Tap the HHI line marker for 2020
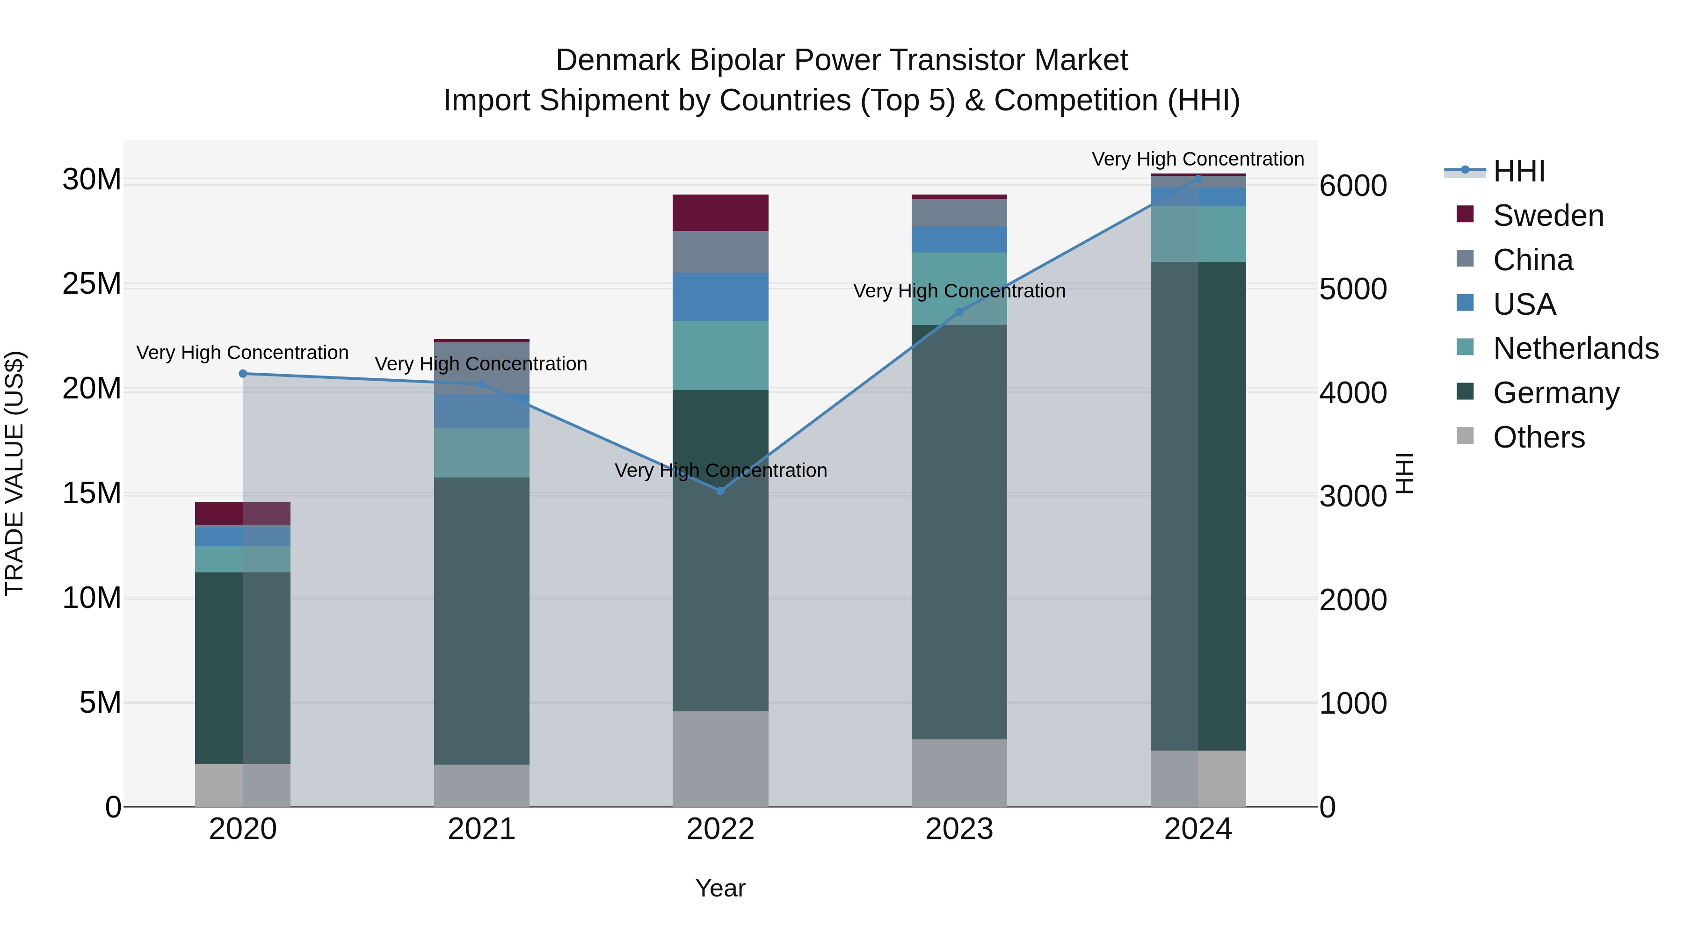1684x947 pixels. [242, 374]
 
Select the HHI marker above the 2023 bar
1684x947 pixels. [959, 312]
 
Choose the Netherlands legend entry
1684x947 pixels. [1575, 348]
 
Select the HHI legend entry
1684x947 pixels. [1518, 171]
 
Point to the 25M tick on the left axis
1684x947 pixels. [92, 284]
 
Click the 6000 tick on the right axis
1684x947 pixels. [1352, 186]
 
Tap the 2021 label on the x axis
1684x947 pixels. [481, 829]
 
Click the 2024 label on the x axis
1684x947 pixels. [1198, 829]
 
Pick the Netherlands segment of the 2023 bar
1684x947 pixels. [959, 288]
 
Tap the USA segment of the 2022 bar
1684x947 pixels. [720, 296]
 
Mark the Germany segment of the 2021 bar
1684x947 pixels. [481, 621]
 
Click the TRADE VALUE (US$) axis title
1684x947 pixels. [15, 473]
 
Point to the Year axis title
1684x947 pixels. [720, 888]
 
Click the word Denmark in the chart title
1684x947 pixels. [618, 60]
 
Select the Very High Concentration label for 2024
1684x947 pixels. [1198, 159]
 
